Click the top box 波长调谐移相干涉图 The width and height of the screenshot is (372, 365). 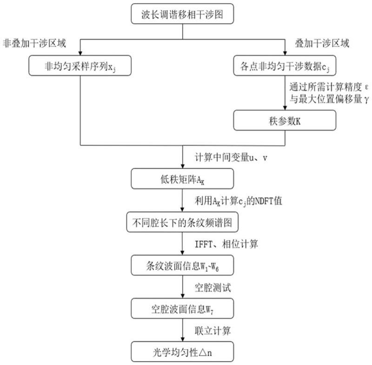point(182,14)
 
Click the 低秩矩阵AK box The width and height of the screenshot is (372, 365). point(182,178)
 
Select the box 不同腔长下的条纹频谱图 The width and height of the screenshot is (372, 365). point(182,223)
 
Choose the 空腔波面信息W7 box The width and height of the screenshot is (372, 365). point(182,308)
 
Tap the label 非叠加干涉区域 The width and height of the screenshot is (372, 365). point(34,44)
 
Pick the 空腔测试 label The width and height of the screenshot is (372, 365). point(213,287)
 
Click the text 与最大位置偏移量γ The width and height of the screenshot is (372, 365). point(325,98)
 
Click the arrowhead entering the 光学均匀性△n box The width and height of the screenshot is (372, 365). point(182,340)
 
